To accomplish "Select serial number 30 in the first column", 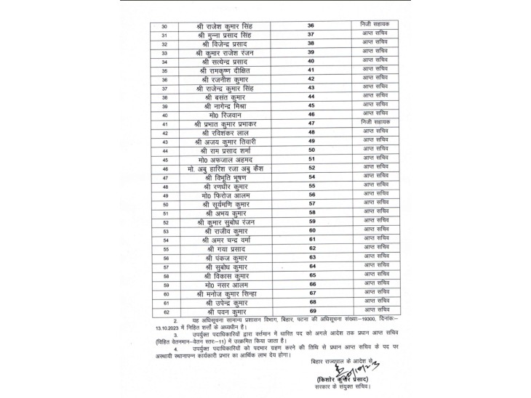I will (163, 27).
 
